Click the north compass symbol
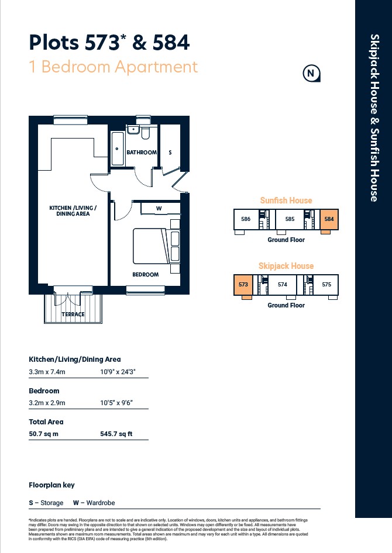[x=311, y=73]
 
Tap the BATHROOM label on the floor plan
[x=142, y=153]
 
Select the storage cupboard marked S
[x=170, y=146]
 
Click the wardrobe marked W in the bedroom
[x=160, y=208]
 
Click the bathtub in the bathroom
[x=118, y=148]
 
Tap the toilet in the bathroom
[x=145, y=132]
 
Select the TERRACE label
[x=73, y=314]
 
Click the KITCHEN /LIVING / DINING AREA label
[x=73, y=211]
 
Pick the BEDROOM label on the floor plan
[x=145, y=274]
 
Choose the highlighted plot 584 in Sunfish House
[x=329, y=219]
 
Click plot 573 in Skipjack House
[x=243, y=285]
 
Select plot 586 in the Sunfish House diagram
[x=246, y=219]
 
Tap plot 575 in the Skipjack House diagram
[x=326, y=285]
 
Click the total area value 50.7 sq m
[x=43, y=434]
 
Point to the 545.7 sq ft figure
[x=116, y=434]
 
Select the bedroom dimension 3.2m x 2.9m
[x=47, y=403]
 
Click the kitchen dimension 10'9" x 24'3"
[x=118, y=372]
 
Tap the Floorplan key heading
[x=51, y=485]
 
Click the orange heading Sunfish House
[x=286, y=201]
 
